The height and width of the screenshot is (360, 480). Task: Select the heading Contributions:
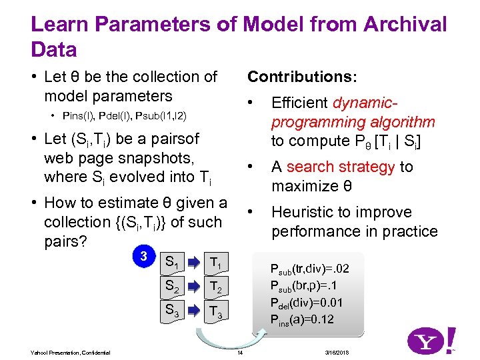coord(302,77)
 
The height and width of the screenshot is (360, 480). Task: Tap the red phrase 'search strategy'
coord(343,167)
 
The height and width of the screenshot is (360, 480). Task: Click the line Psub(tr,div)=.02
coord(309,269)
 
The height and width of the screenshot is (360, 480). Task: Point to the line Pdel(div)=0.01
coord(306,303)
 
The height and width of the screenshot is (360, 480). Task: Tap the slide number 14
coord(240,352)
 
